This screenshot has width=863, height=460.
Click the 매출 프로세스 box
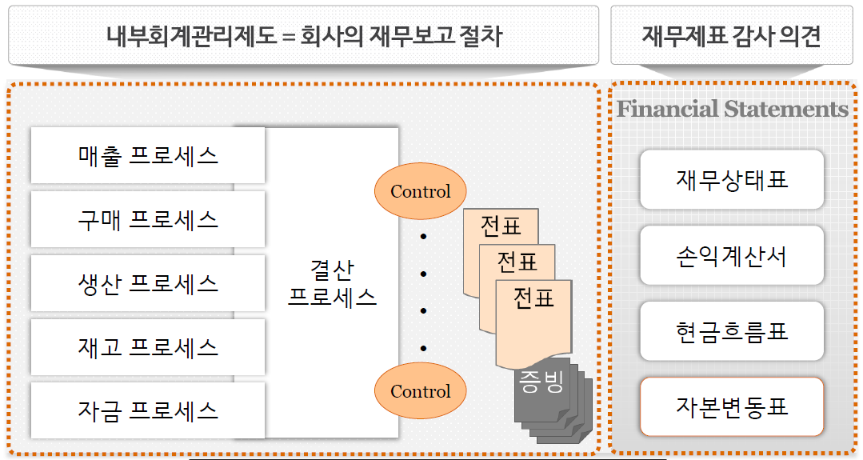[x=148, y=155]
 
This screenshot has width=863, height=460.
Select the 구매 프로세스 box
[x=148, y=219]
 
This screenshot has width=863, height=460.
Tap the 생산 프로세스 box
[x=148, y=283]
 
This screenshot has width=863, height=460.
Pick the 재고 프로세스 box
[x=148, y=347]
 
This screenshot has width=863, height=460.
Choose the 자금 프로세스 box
[x=148, y=411]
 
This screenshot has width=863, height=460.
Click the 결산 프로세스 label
[x=332, y=283]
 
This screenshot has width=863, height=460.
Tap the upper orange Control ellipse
[x=420, y=192]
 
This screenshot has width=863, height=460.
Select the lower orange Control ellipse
[x=420, y=391]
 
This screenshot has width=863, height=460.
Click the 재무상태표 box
[x=732, y=178]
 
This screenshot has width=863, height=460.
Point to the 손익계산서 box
[x=732, y=255]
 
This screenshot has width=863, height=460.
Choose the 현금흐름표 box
[x=732, y=330]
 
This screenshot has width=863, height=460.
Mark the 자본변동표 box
[x=732, y=406]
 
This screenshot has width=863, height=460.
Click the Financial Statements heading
[x=732, y=109]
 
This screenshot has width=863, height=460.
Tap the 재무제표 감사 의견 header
[x=732, y=36]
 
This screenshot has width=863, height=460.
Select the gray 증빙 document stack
[x=552, y=400]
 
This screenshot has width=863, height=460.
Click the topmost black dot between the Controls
[x=423, y=237]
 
